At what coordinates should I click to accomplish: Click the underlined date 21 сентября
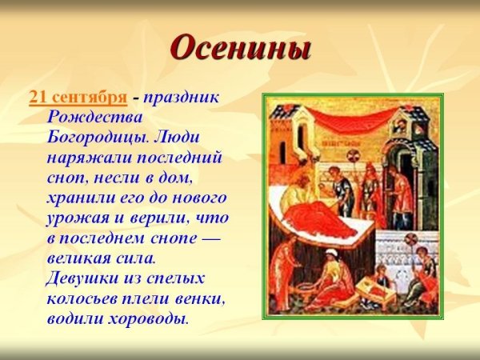pos(78,98)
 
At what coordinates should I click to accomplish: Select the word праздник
pos(182,98)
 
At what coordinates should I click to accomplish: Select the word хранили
pos(78,197)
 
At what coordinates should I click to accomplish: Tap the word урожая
pos(77,217)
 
